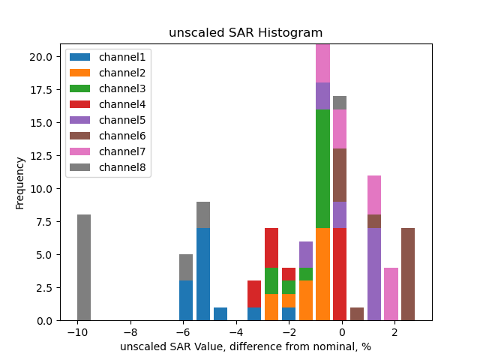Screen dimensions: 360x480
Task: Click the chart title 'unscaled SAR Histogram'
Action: (x=245, y=33)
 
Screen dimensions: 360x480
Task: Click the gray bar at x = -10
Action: (x=84, y=268)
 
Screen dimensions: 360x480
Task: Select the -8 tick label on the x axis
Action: (x=130, y=331)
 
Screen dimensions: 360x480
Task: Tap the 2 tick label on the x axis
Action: (x=394, y=331)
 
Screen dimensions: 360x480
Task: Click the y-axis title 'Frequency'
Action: (x=20, y=182)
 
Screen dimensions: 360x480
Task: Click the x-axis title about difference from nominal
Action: (x=245, y=346)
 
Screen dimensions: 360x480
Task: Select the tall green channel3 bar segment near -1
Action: (x=322, y=169)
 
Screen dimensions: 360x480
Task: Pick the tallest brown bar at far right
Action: (x=408, y=274)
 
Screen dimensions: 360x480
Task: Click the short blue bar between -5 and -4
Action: (x=220, y=313)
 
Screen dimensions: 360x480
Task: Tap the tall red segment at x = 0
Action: (x=340, y=274)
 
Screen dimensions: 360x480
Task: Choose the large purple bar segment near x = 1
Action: (x=374, y=274)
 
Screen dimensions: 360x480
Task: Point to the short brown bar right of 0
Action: (x=357, y=313)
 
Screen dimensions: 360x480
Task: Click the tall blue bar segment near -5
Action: (x=203, y=274)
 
